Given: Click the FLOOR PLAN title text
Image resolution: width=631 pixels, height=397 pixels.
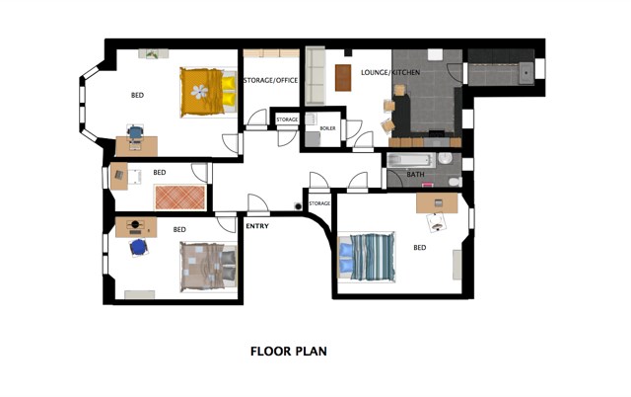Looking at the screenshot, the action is click(x=289, y=351).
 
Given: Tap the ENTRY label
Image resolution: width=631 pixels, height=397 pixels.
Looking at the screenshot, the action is click(x=257, y=226).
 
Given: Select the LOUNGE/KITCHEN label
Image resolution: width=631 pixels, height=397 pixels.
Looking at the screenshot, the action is click(x=390, y=72).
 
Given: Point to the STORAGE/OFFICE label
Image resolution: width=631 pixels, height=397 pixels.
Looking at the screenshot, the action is click(x=271, y=80).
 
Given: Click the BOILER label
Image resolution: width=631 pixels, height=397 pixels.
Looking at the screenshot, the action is click(x=327, y=128).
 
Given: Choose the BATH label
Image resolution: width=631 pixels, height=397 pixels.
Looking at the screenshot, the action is click(x=415, y=175).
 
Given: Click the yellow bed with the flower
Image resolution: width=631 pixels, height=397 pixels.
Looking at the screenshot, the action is click(x=208, y=92).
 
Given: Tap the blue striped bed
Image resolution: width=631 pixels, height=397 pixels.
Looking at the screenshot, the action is click(x=366, y=257).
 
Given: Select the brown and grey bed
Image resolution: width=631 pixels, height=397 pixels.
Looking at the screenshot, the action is click(x=208, y=267).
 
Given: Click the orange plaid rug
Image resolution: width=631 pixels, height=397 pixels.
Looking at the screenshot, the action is click(x=179, y=198).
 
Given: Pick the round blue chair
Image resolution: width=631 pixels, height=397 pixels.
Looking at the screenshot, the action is click(x=138, y=247).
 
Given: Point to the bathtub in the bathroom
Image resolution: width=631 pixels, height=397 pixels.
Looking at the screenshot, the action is click(x=411, y=160).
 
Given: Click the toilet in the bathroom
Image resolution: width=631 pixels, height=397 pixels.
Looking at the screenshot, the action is click(x=456, y=182).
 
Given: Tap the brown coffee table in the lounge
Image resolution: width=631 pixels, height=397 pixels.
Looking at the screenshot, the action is click(x=343, y=78).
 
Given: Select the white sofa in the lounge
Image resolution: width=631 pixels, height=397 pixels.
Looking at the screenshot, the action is click(x=315, y=76).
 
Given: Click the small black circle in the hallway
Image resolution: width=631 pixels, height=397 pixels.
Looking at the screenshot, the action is click(x=298, y=206).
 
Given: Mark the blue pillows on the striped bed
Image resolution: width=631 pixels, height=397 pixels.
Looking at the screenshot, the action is click(x=345, y=257).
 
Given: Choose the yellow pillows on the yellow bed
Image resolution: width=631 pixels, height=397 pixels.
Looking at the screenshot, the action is click(x=229, y=91).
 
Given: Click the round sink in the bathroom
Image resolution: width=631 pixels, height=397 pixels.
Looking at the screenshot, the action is click(x=445, y=158).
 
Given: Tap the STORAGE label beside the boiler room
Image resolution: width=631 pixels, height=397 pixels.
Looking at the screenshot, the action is click(x=287, y=119).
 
